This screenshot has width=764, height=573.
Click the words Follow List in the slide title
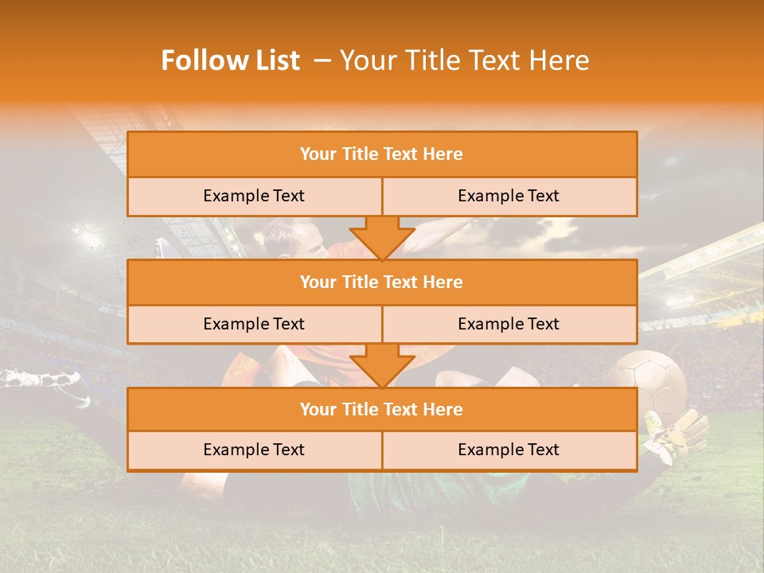coord(230,61)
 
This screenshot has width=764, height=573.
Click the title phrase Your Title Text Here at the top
coord(464,61)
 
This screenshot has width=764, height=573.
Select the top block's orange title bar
coord(382,154)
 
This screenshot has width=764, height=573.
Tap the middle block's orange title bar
coord(382,282)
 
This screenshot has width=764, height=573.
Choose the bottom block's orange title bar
coord(382,409)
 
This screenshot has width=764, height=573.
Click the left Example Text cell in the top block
coord(254,196)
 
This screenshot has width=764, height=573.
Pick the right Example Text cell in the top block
coord(509,196)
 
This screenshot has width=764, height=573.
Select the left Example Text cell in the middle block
coord(254,324)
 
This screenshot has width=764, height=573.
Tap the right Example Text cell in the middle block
coord(509,324)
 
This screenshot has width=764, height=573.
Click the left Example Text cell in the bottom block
coord(254,450)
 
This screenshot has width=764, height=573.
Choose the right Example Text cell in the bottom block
coord(509,450)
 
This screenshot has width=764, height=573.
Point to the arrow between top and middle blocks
coord(382,237)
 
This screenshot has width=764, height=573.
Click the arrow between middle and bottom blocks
coord(382,364)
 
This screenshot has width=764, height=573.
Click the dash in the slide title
coord(322,61)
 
